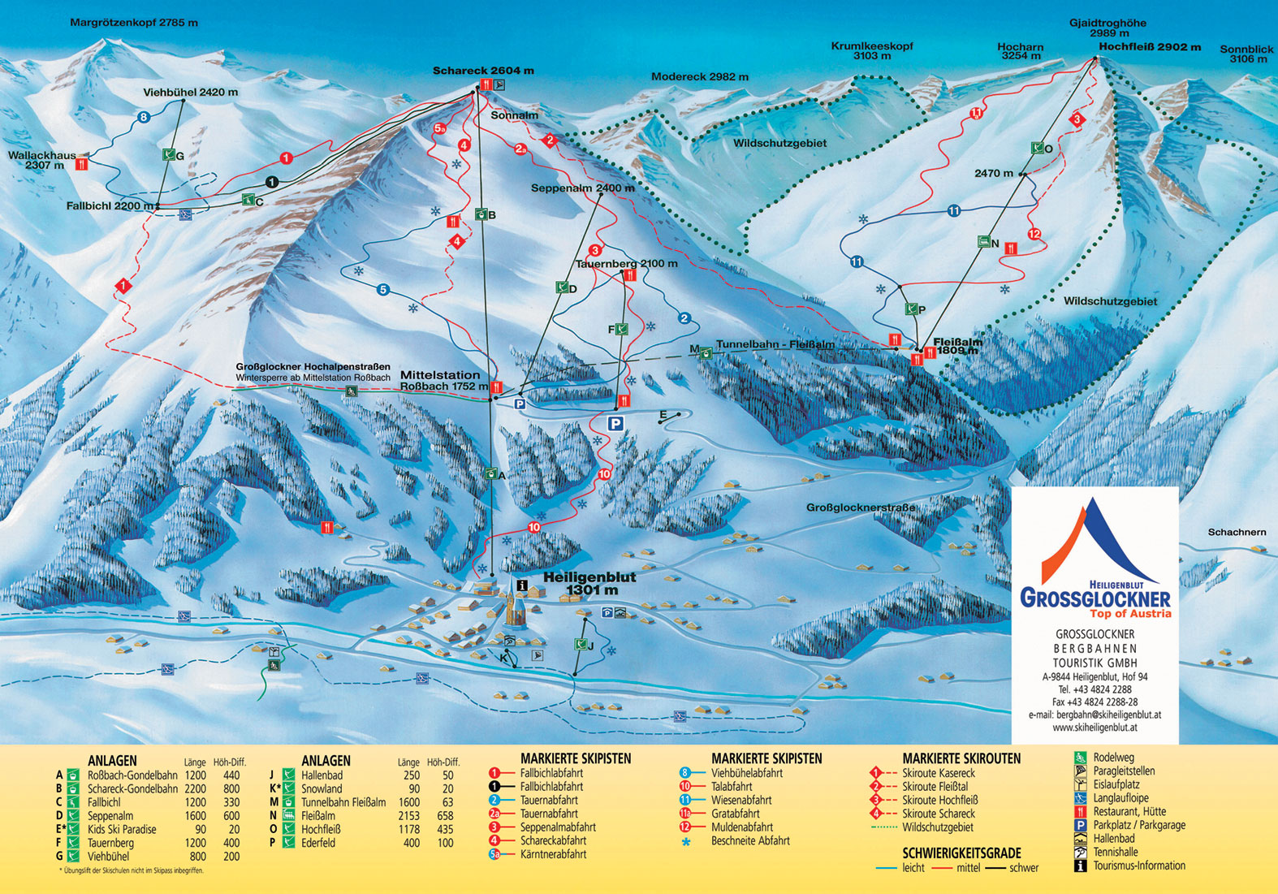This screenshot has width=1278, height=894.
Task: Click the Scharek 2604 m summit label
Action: [x=483, y=71]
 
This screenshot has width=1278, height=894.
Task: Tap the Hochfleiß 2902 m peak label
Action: [x=1150, y=47]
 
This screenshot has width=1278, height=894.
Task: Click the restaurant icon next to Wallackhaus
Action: [x=81, y=164]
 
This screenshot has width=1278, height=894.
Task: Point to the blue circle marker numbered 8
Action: [x=144, y=118]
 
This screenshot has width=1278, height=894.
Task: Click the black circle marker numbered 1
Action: [x=271, y=182]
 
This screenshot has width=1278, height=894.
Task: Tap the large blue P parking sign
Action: [x=615, y=423]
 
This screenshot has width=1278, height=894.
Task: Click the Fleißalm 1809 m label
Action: [x=958, y=347]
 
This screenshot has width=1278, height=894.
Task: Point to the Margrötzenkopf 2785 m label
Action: [x=134, y=23]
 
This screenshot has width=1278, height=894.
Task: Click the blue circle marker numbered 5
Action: [x=383, y=290]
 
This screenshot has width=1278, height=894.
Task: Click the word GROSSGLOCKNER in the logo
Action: [x=1095, y=599]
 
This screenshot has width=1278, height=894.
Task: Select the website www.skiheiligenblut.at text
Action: [x=1095, y=728]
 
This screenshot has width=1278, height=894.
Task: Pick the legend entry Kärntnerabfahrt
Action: [x=553, y=854]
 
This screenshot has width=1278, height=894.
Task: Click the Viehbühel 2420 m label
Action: [x=191, y=92]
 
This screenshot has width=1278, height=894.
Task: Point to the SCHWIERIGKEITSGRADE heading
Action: [x=961, y=853]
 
